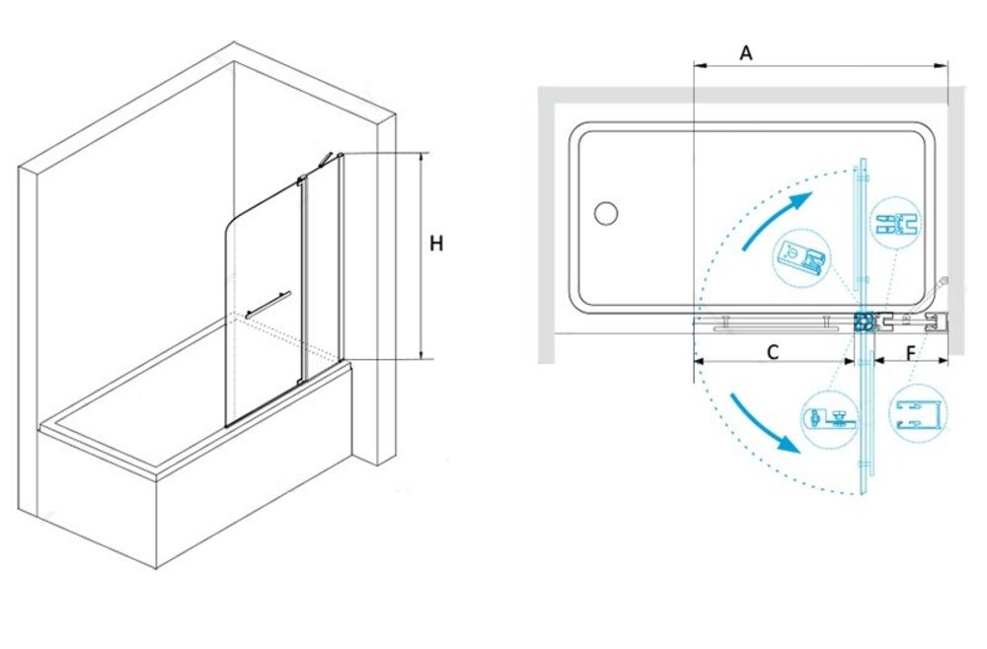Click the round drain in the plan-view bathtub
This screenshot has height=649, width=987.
[606, 212]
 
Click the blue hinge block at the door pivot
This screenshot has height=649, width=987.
[863, 321]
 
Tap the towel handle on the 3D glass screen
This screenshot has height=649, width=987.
[268, 303]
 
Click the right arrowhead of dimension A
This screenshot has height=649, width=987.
[944, 66]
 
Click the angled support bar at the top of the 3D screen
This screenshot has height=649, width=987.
[328, 160]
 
